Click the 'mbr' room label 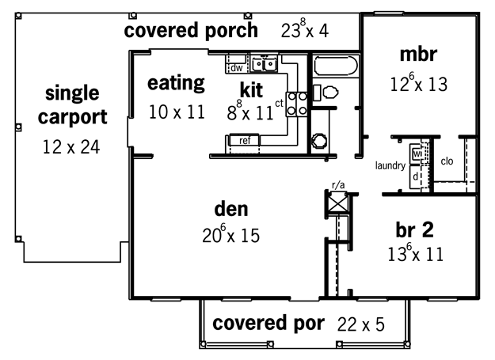[x=418, y=55]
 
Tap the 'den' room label [x=231, y=210]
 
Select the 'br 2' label [x=414, y=229]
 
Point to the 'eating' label [x=176, y=83]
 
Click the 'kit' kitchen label [x=251, y=90]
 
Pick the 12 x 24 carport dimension [x=71, y=147]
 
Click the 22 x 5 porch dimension [x=361, y=324]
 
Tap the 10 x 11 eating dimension [x=177, y=112]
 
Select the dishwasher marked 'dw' [x=237, y=68]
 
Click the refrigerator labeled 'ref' [x=245, y=140]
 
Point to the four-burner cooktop [x=297, y=104]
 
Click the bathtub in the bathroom [x=336, y=66]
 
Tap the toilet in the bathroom [x=326, y=93]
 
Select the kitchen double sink [x=265, y=64]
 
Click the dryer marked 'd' [x=416, y=177]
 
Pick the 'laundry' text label [x=390, y=165]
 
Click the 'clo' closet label [x=447, y=161]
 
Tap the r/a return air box [x=337, y=203]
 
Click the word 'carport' [x=73, y=118]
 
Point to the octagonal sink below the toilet [x=318, y=141]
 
